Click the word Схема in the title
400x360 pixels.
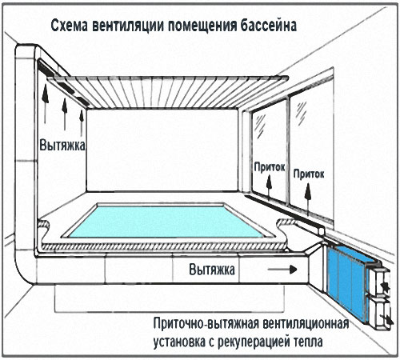pos(69,26)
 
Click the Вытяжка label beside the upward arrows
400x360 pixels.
pos(62,146)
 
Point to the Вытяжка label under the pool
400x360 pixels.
pos(212,270)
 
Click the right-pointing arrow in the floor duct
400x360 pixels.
pos(282,270)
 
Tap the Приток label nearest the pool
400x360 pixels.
pos(270,167)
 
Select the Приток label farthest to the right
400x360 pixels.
pos(309,174)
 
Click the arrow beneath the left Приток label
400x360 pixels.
pos(270,188)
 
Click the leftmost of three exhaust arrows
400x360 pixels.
pos(45,103)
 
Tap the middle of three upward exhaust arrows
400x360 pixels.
pos(65,114)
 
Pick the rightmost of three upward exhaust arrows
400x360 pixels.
pos(82,122)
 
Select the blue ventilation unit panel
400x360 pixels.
pos(346,282)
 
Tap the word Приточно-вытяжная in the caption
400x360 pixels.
pos(206,324)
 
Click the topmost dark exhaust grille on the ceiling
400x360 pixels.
pos(47,67)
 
